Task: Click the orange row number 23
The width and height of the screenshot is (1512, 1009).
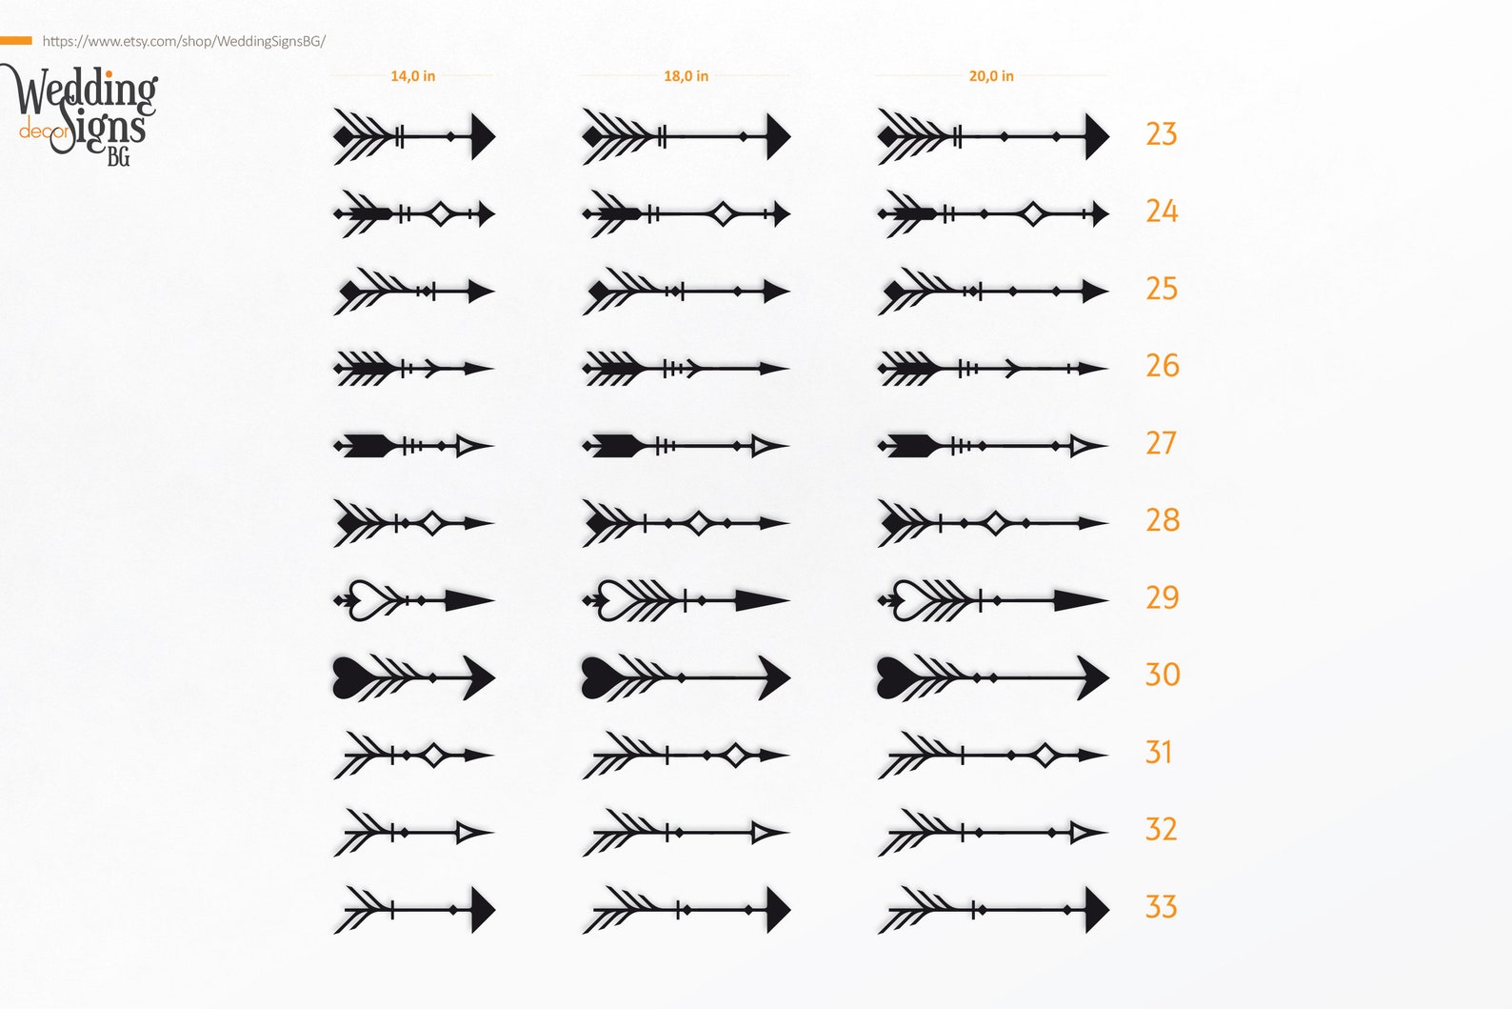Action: pyautogui.click(x=1161, y=133)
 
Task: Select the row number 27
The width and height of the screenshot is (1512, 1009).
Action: pyautogui.click(x=1161, y=443)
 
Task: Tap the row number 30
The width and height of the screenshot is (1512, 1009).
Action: pyautogui.click(x=1163, y=675)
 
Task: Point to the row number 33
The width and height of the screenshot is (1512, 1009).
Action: pyautogui.click(x=1161, y=906)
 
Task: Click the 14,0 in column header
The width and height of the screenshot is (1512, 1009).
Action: pyautogui.click(x=413, y=76)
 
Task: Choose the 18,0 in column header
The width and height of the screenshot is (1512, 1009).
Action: pyautogui.click(x=686, y=76)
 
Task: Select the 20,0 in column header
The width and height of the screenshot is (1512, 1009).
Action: pyautogui.click(x=991, y=76)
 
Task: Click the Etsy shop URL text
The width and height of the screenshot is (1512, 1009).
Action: pyautogui.click(x=184, y=41)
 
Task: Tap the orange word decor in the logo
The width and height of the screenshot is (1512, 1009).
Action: pyautogui.click(x=43, y=131)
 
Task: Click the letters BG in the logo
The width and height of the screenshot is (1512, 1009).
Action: pyautogui.click(x=118, y=156)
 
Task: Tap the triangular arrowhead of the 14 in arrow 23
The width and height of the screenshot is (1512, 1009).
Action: pyautogui.click(x=482, y=136)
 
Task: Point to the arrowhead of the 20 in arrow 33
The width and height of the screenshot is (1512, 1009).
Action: pyautogui.click(x=1096, y=910)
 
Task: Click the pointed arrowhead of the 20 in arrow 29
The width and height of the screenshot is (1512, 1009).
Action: pyautogui.click(x=1080, y=600)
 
